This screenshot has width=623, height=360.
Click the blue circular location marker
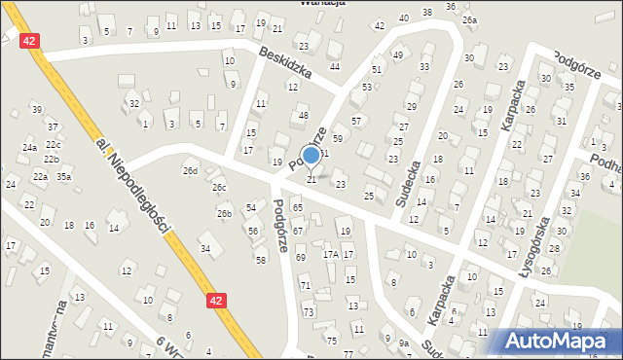pos(311,154)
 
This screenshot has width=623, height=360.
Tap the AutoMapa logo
pos(558,341)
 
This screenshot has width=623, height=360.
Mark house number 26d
pos(190,171)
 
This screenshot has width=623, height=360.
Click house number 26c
pos(219,188)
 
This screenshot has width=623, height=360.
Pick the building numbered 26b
pos(224,213)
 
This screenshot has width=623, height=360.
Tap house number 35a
pos(63,177)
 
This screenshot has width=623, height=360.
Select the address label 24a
pos(30,147)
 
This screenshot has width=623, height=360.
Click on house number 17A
pos(331,254)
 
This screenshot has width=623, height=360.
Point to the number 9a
pos(403,342)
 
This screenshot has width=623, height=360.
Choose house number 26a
pos(470,19)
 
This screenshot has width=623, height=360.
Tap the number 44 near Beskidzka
pos(334,66)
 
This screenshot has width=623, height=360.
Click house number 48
pos(304,116)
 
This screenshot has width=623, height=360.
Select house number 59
pos(337,139)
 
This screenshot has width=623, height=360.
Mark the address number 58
pos(260,260)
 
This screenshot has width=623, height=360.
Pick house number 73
pos(309,312)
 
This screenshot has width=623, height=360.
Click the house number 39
pos(36,108)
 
